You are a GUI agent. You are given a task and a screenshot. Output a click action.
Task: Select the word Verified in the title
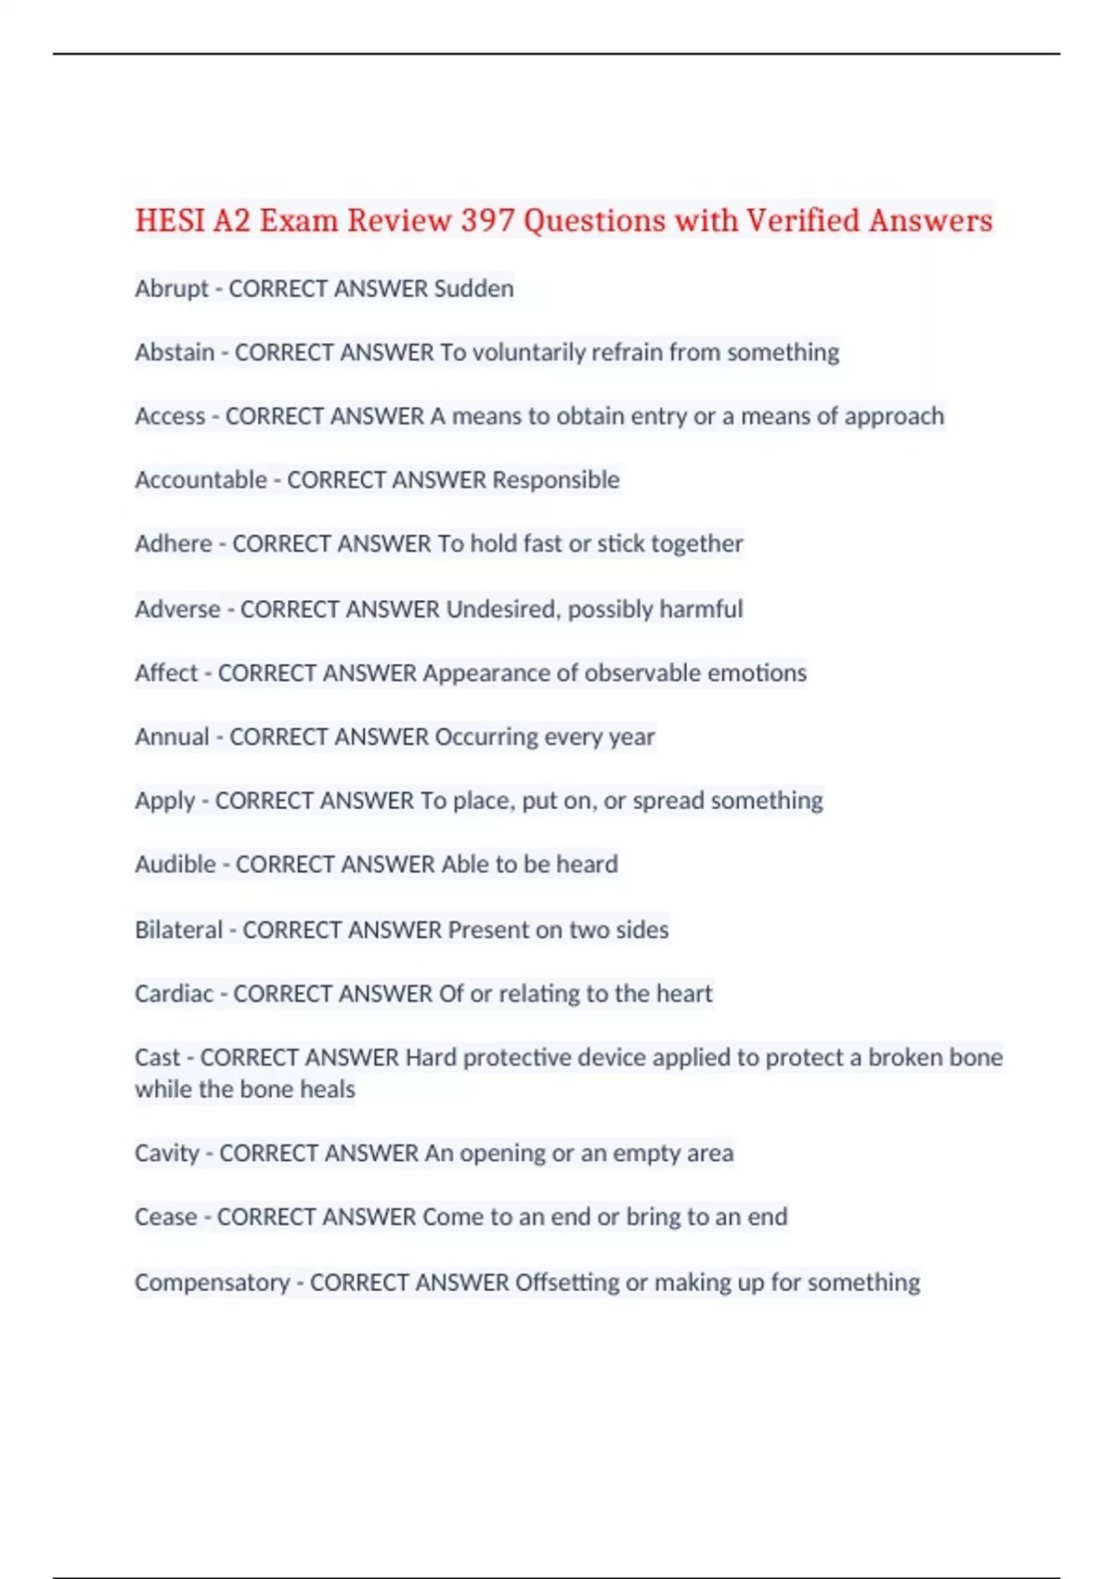(x=803, y=221)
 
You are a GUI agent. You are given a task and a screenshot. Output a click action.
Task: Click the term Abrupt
(x=172, y=289)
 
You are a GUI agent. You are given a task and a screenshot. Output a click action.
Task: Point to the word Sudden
(x=473, y=289)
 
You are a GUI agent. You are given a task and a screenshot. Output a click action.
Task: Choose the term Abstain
(x=175, y=353)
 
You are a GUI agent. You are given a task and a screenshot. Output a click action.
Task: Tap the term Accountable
(x=201, y=480)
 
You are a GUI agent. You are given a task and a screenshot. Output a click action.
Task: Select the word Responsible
(x=555, y=480)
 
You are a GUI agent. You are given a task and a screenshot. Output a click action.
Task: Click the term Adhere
(x=174, y=543)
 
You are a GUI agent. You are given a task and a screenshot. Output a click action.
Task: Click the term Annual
(x=172, y=737)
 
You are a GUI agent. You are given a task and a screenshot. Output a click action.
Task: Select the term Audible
(x=175, y=865)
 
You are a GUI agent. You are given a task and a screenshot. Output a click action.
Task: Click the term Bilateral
(x=178, y=930)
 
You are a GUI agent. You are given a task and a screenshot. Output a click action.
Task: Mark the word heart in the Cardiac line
(x=684, y=994)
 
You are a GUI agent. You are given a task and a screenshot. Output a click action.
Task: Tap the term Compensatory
(x=213, y=1283)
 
